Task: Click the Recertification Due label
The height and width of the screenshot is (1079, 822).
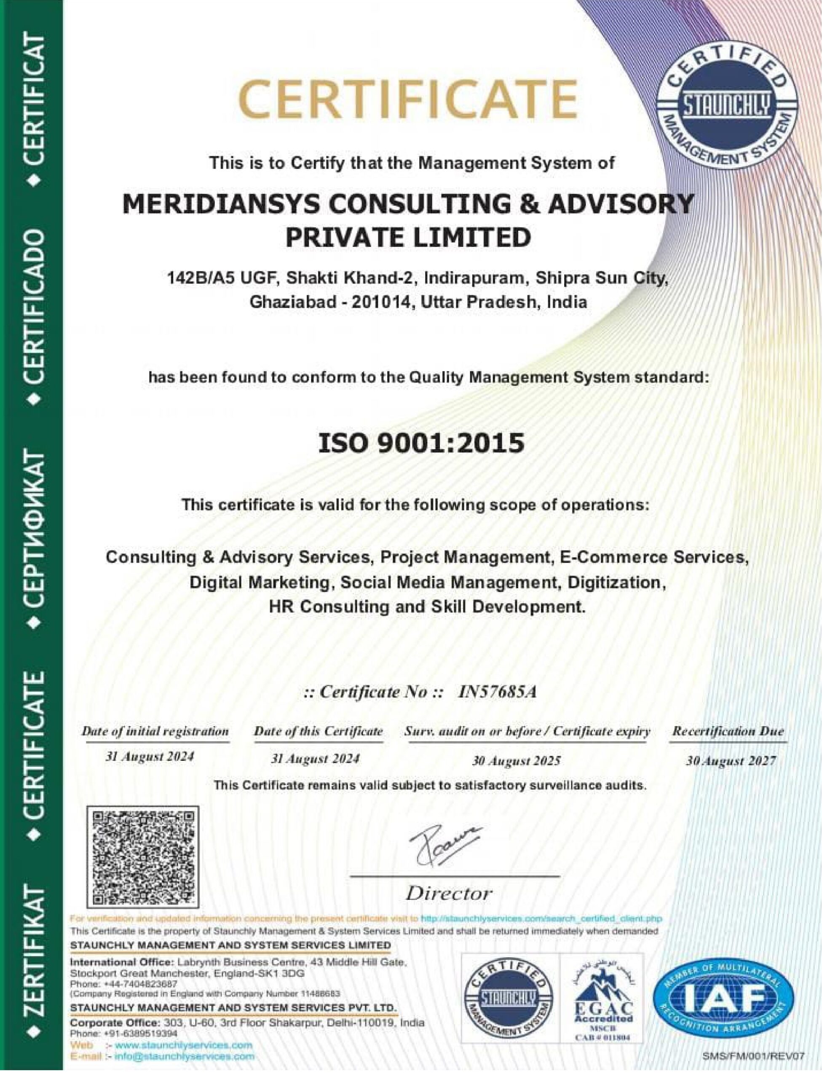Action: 728,731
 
